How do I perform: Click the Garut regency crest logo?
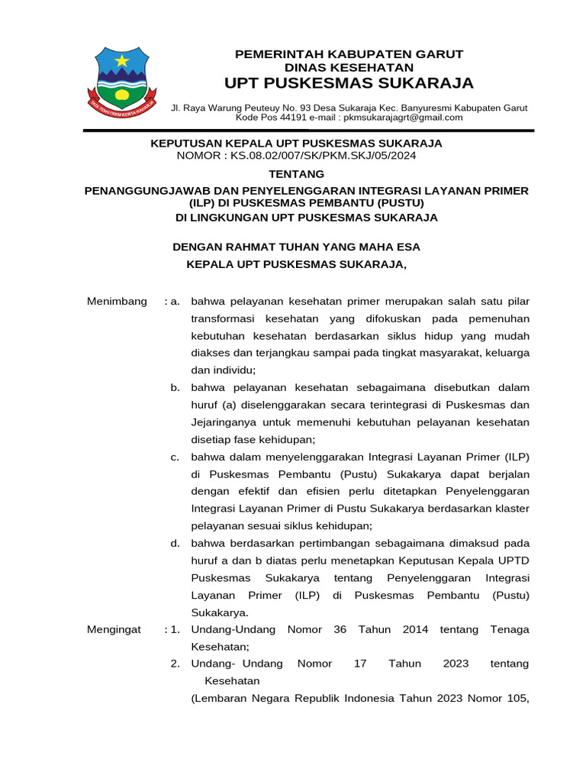pyautogui.click(x=123, y=79)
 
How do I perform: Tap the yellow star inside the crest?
pyautogui.click(x=122, y=60)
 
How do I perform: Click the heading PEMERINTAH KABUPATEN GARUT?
pyautogui.click(x=349, y=54)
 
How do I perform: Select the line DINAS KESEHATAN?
pyautogui.click(x=349, y=68)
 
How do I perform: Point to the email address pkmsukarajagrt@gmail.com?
pyautogui.click(x=403, y=118)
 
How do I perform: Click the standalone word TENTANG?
pyautogui.click(x=296, y=174)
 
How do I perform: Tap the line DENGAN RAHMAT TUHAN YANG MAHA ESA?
pyautogui.click(x=296, y=247)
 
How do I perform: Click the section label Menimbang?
pyautogui.click(x=117, y=302)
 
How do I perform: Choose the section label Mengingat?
pyautogui.click(x=114, y=629)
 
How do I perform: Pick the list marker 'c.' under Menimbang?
pyautogui.click(x=175, y=457)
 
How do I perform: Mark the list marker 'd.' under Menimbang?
pyautogui.click(x=175, y=543)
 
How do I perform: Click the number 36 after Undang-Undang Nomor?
pyautogui.click(x=341, y=629)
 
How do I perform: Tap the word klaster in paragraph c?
pyautogui.click(x=511, y=509)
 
